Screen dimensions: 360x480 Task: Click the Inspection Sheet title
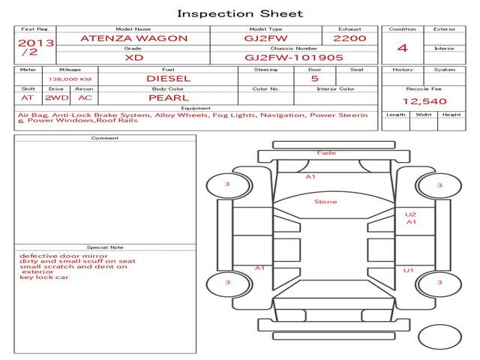pos(240,13)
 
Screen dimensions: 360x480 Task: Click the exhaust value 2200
pos(349,37)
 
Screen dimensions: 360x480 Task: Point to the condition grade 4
pos(403,48)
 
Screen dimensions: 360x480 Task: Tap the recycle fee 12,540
pos(424,101)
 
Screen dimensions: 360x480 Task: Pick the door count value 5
pos(314,78)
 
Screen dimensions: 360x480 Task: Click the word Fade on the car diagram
pos(326,153)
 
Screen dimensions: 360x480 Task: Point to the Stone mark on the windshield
pos(325,202)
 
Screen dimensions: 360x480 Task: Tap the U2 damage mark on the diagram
pos(410,214)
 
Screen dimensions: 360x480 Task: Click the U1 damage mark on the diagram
pos(409,271)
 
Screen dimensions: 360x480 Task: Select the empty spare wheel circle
pos(439,337)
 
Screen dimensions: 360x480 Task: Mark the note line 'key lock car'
pos(44,277)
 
